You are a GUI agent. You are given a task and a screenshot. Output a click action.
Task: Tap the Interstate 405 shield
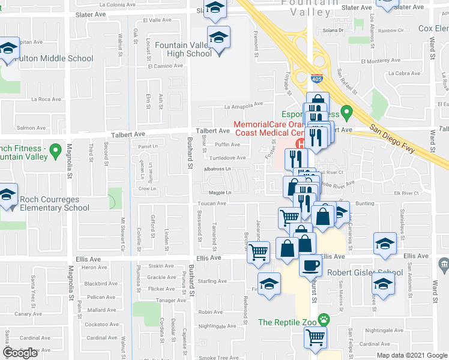[317, 79]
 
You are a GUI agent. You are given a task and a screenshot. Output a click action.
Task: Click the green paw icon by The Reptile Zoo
[324, 322]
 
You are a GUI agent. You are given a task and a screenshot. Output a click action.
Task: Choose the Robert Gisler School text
[365, 272]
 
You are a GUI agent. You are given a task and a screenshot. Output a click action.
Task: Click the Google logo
[20, 353]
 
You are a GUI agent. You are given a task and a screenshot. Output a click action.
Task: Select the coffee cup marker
[310, 263]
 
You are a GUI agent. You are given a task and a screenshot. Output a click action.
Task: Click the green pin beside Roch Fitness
[56, 149]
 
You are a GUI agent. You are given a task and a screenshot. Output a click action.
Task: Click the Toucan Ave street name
[212, 203]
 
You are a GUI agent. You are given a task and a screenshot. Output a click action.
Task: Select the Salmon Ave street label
[31, 128]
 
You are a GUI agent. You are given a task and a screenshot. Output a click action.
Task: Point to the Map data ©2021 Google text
[411, 355]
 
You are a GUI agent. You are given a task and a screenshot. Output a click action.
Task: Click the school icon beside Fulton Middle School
[8, 49]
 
